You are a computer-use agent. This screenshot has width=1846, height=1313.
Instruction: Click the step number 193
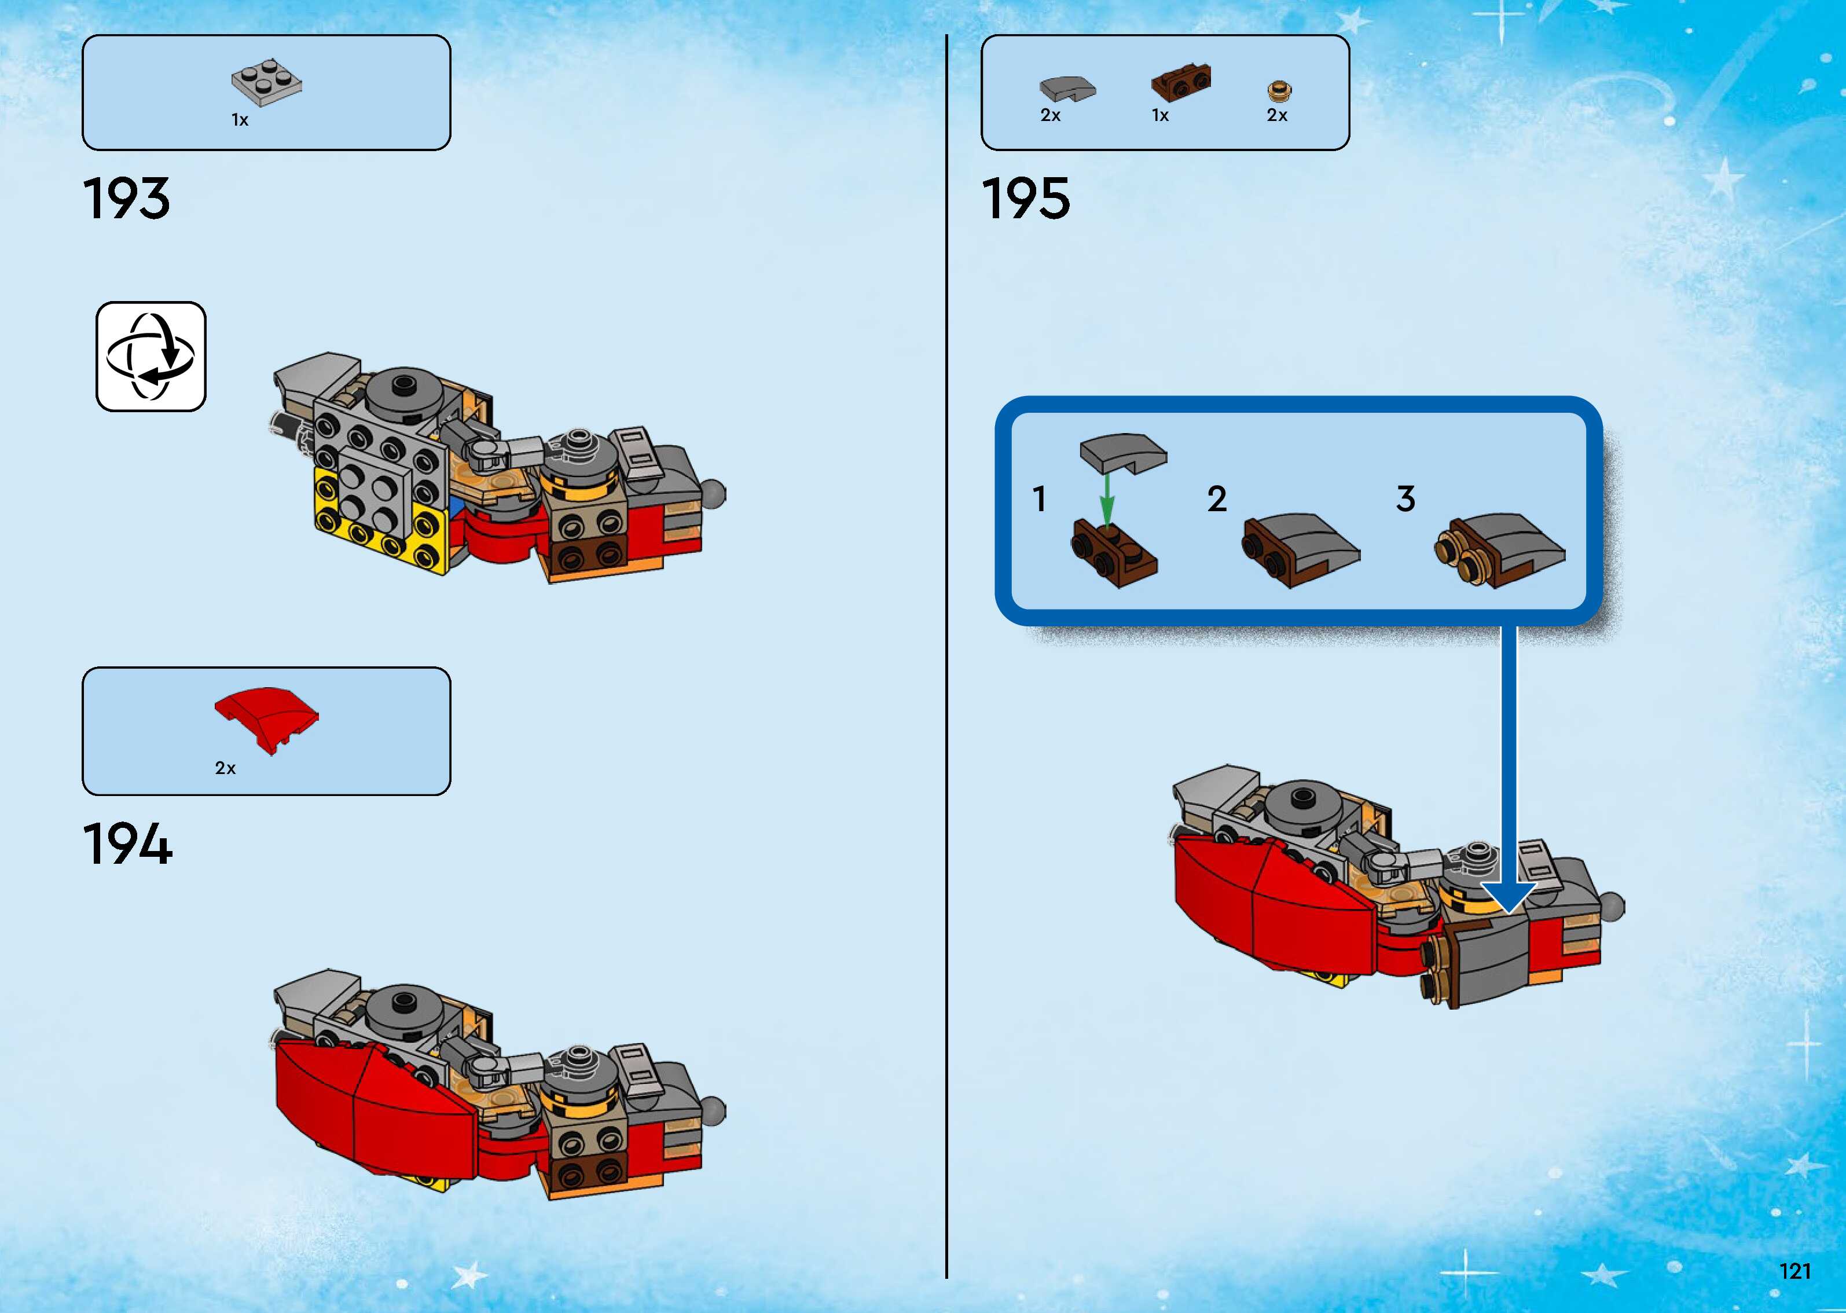(x=127, y=199)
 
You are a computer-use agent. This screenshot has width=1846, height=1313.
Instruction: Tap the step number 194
(x=128, y=845)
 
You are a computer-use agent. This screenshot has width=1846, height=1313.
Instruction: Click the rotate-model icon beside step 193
(x=151, y=357)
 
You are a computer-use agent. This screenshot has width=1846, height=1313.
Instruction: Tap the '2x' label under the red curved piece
(x=225, y=768)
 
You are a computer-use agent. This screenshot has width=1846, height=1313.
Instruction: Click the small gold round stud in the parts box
(x=1278, y=90)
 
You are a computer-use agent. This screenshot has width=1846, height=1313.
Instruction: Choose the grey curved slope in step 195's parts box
(x=1066, y=87)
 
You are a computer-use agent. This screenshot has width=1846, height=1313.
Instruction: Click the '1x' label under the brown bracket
(x=1160, y=116)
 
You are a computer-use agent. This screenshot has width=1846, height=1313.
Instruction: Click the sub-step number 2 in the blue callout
(x=1216, y=499)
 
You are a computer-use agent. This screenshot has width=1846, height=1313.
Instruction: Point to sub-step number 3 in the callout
(x=1405, y=499)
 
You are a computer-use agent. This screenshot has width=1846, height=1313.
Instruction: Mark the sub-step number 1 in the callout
(x=1040, y=499)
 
